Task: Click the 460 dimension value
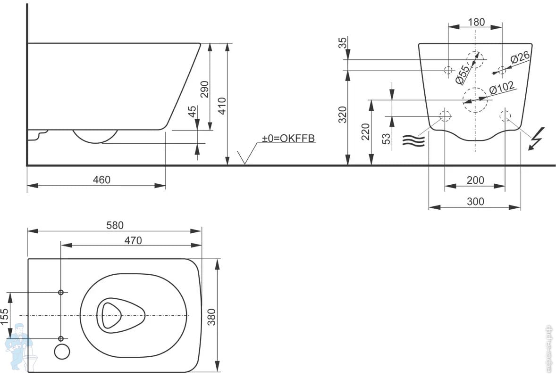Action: (x=101, y=180)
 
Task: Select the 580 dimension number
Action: (x=115, y=225)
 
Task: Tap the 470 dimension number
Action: (x=133, y=241)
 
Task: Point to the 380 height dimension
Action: (x=211, y=317)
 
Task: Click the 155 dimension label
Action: (x=5, y=316)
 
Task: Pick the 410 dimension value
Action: (x=222, y=106)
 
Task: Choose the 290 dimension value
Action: (x=205, y=90)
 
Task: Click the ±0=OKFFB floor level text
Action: (x=288, y=139)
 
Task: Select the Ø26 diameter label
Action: (x=520, y=57)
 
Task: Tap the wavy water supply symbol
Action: (x=413, y=140)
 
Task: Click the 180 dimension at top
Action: (x=476, y=22)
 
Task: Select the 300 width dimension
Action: (x=475, y=201)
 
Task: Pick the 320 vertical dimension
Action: (x=342, y=115)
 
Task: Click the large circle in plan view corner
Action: (x=62, y=352)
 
